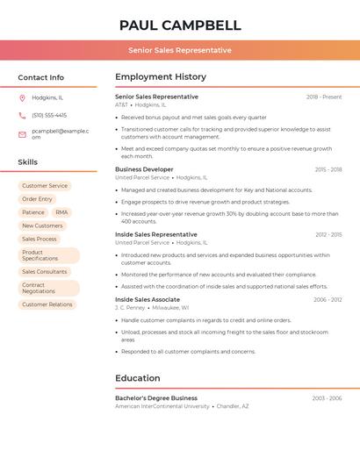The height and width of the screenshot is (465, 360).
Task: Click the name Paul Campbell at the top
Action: pyautogui.click(x=180, y=25)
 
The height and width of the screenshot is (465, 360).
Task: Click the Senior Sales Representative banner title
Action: pyautogui.click(x=180, y=50)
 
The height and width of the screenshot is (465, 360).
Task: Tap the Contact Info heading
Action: pyautogui.click(x=41, y=77)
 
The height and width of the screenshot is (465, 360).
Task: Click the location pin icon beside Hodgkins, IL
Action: pyautogui.click(x=22, y=97)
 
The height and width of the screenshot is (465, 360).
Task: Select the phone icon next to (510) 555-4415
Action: pyautogui.click(x=22, y=115)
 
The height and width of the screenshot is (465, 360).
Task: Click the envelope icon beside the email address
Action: pyautogui.click(x=22, y=134)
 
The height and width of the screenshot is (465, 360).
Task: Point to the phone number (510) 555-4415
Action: pyautogui.click(x=49, y=115)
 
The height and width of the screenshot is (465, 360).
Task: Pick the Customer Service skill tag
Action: pyautogui.click(x=45, y=186)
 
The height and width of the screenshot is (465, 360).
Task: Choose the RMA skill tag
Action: pyautogui.click(x=61, y=212)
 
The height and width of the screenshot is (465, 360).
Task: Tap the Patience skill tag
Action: pyautogui.click(x=33, y=212)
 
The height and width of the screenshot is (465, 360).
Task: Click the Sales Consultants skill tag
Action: pyautogui.click(x=45, y=272)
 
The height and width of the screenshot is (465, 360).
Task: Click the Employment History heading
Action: pyautogui.click(x=161, y=77)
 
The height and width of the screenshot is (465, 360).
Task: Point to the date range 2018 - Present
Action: pyautogui.click(x=324, y=97)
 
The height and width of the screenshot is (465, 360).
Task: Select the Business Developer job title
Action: pyautogui.click(x=144, y=169)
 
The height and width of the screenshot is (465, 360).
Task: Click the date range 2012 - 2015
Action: pyautogui.click(x=328, y=235)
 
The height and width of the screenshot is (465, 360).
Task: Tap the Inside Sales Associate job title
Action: pyautogui.click(x=148, y=299)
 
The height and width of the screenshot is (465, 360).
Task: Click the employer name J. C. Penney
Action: pyautogui.click(x=130, y=308)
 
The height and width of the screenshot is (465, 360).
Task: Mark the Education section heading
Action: pyautogui.click(x=138, y=378)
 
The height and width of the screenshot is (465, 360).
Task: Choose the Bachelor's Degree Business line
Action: pyautogui.click(x=156, y=397)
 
